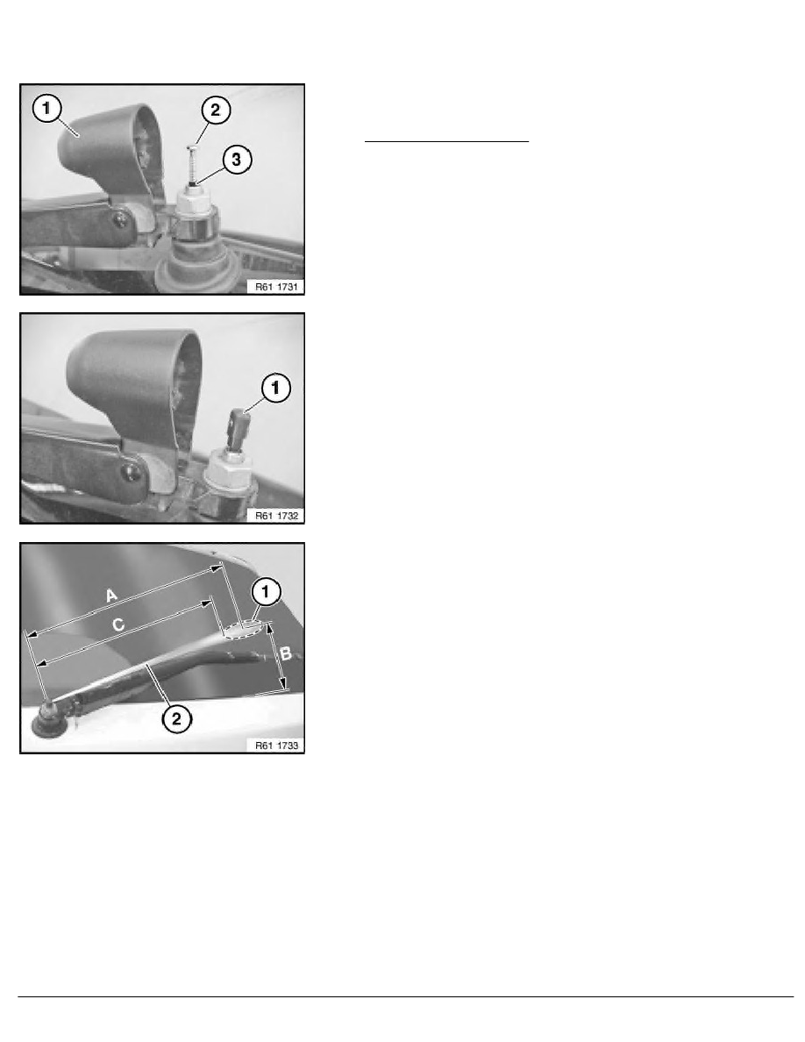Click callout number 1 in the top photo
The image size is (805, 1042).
(46, 108)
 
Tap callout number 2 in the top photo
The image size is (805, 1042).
(215, 111)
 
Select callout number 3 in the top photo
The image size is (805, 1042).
(237, 160)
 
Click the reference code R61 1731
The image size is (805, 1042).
(276, 287)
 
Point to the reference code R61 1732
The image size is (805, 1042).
(276, 516)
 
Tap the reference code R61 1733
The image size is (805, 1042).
(276, 746)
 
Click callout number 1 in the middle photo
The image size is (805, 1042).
(275, 388)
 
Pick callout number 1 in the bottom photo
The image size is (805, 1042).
(266, 591)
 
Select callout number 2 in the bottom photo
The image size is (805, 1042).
(176, 718)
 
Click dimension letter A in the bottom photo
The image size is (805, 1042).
(111, 595)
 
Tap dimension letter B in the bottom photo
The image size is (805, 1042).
(286, 654)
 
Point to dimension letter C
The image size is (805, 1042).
(118, 624)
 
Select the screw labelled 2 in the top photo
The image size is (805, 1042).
(192, 163)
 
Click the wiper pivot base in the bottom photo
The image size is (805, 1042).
(48, 720)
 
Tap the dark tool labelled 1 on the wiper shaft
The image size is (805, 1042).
(238, 429)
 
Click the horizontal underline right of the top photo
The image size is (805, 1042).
(446, 141)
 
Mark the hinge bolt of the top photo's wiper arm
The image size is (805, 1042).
(121, 219)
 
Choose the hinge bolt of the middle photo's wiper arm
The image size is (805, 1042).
(132, 473)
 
